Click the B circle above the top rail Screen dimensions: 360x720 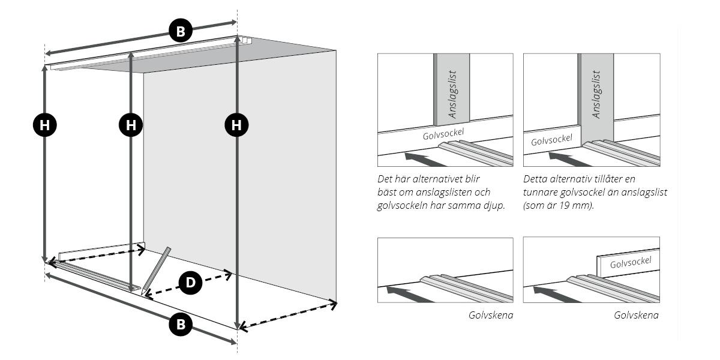click(181, 31)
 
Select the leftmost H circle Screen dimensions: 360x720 click(44, 125)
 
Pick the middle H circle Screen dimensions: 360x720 click(131, 125)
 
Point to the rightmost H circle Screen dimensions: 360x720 click(237, 125)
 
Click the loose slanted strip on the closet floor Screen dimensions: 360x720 click(156, 271)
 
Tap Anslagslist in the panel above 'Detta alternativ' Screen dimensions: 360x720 click(596, 94)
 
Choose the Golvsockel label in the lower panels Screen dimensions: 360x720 click(630, 263)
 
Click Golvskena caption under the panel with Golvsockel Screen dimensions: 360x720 click(636, 315)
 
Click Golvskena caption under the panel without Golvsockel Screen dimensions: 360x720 click(490, 315)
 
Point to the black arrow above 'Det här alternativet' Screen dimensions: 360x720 click(425, 158)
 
